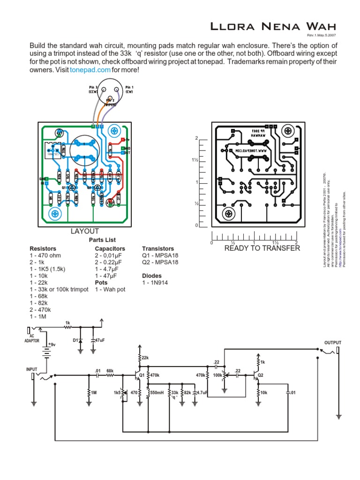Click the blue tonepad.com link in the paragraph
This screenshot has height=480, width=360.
[90, 70]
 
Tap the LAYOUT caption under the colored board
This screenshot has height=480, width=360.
[84, 231]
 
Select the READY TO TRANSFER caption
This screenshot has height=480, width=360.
[262, 248]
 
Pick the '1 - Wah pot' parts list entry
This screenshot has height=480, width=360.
[110, 289]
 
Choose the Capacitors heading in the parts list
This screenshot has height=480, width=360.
[110, 248]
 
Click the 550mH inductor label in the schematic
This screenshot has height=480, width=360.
[157, 392]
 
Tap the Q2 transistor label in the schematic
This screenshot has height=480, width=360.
[261, 375]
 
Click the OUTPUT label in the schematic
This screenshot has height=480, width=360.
[333, 343]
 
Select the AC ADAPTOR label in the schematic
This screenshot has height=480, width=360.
[32, 338]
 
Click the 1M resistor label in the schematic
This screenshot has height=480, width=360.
[94, 392]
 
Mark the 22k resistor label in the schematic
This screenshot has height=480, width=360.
[145, 358]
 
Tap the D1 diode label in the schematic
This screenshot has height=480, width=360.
[75, 339]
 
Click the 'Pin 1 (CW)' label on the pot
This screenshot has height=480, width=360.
[129, 90]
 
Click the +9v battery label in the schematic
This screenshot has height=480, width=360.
[51, 345]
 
